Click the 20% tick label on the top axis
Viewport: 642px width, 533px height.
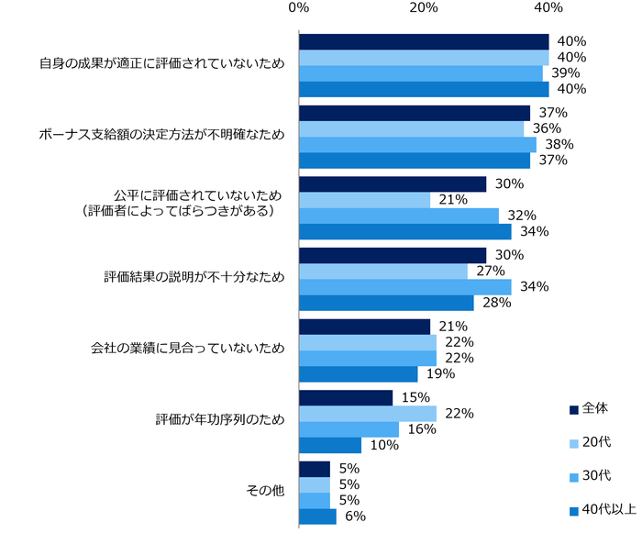pyautogui.click(x=423, y=8)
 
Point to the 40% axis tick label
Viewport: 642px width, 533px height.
pyautogui.click(x=548, y=8)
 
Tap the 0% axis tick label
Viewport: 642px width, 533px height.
pyautogui.click(x=298, y=8)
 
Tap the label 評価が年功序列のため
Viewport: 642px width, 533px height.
pyautogui.click(x=220, y=420)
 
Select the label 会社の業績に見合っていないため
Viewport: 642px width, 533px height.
pyautogui.click(x=188, y=350)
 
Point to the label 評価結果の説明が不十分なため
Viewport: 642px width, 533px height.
pyautogui.click(x=194, y=278)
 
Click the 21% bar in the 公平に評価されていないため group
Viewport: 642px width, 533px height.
pyautogui.click(x=364, y=199)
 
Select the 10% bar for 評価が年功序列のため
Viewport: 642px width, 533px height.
pyautogui.click(x=330, y=445)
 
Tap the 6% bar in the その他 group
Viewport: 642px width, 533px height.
pyautogui.click(x=317, y=516)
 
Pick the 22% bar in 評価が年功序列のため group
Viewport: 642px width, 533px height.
pyautogui.click(x=367, y=414)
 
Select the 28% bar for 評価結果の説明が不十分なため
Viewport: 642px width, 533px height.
pyautogui.click(x=386, y=303)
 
